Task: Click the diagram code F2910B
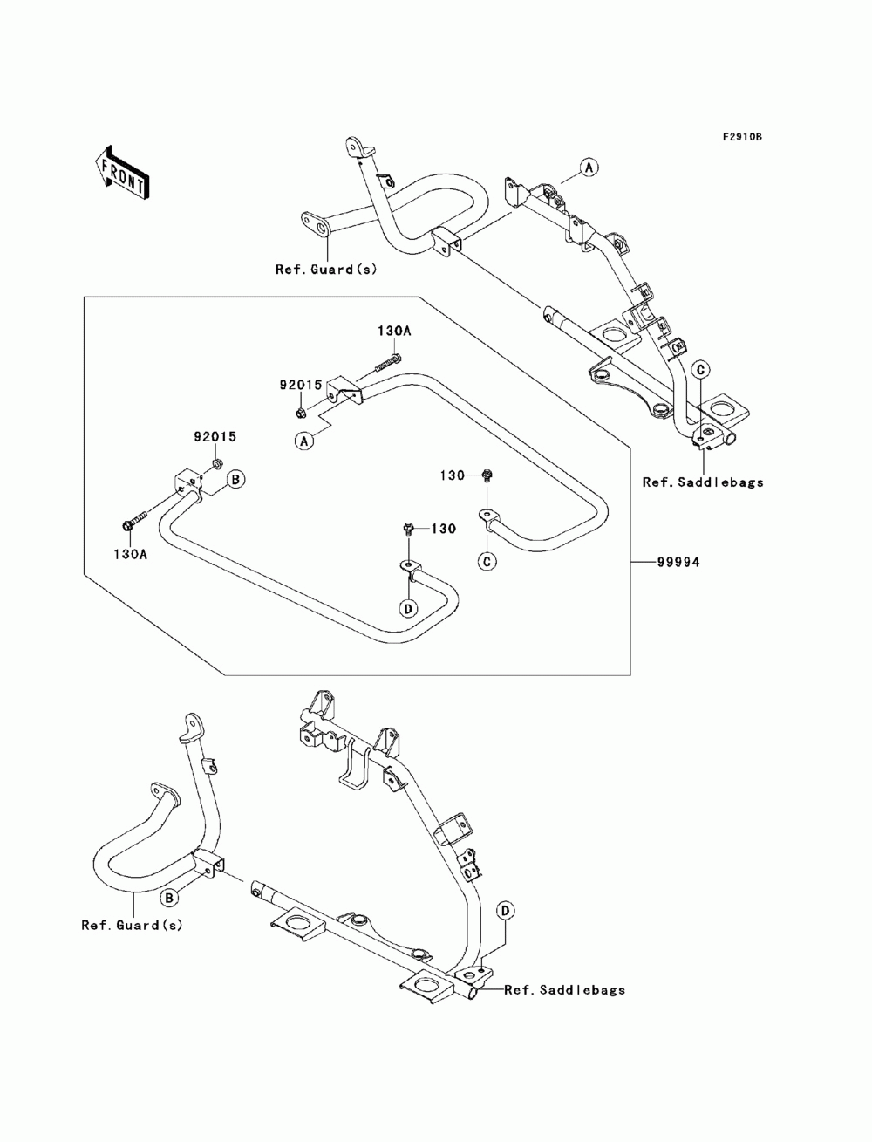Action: coord(742,137)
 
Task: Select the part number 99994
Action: coord(678,562)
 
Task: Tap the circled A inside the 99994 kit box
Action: coord(304,441)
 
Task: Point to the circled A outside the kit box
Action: coord(589,168)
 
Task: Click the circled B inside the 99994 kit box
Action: coord(235,479)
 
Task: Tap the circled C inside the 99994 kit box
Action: coord(487,561)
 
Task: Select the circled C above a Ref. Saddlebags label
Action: coord(700,370)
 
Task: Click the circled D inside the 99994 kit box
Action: coord(408,608)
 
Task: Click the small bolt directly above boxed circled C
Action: coord(487,475)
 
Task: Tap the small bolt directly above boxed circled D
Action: coord(408,529)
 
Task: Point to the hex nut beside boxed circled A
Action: coord(300,414)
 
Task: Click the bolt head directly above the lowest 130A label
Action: coord(128,525)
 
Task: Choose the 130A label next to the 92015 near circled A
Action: coord(394,331)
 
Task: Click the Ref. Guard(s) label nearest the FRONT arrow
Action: coord(326,270)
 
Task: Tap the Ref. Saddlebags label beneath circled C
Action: coord(703,482)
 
